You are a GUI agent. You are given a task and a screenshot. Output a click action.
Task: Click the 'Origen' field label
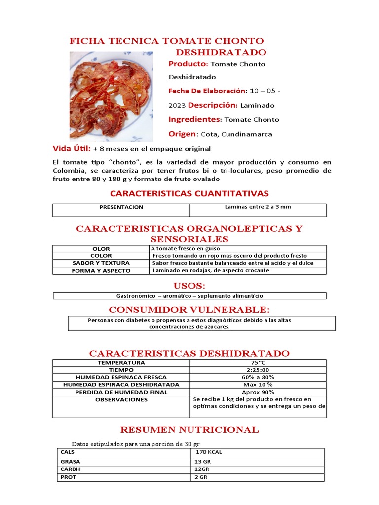click(183, 134)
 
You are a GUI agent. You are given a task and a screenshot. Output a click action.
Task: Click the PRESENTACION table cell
click(121, 207)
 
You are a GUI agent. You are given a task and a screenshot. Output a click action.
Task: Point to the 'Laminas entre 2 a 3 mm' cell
click(258, 207)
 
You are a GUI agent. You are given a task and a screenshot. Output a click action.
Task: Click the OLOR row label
click(101, 249)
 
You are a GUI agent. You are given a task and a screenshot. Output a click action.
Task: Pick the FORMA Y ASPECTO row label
click(101, 271)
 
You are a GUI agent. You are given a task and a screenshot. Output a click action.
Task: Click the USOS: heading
click(189, 286)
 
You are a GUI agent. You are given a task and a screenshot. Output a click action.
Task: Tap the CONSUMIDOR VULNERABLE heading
click(189, 310)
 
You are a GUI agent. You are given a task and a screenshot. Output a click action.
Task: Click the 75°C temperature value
click(258, 363)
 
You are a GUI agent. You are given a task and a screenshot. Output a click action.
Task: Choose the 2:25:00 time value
click(258, 370)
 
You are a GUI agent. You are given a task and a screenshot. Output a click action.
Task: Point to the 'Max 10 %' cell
click(258, 385)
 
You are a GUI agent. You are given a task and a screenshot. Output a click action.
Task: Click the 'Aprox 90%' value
click(258, 392)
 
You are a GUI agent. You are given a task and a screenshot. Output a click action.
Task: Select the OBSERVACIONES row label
click(121, 400)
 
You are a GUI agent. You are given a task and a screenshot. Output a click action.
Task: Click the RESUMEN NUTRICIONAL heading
click(189, 430)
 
